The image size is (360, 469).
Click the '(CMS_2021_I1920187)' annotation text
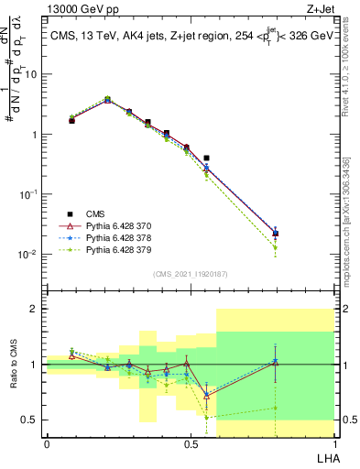[x=191, y=273]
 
